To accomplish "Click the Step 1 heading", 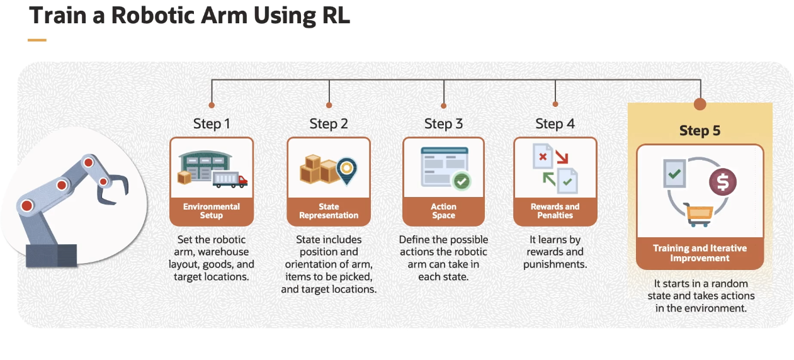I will (x=212, y=124).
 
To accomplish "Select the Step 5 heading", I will (x=700, y=131).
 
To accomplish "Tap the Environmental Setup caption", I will (x=212, y=211).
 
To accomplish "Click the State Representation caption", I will (x=329, y=211).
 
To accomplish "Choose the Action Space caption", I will (x=443, y=211).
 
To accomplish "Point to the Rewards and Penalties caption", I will (x=555, y=211).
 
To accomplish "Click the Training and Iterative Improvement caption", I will (x=700, y=253).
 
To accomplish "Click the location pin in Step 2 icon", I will (x=346, y=168).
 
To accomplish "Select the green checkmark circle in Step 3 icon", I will (x=462, y=182).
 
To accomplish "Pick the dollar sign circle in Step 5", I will (x=722, y=182).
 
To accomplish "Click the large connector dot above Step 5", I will (x=700, y=104).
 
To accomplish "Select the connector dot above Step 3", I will (x=443, y=106).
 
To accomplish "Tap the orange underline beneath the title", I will (x=37, y=40).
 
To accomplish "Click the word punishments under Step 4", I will (x=555, y=264).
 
